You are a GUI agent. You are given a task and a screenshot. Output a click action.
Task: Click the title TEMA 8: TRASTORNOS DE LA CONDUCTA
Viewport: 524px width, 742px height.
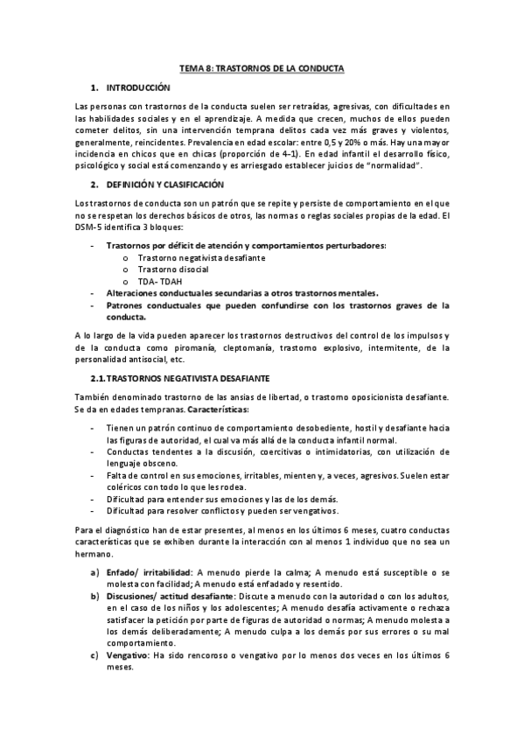262,67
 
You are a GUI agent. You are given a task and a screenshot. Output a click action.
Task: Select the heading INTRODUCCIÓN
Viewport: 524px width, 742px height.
136,89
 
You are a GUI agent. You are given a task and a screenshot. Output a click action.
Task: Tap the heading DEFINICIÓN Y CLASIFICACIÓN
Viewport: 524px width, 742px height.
165,185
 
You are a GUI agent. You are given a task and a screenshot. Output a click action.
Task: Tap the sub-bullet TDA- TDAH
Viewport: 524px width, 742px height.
159,282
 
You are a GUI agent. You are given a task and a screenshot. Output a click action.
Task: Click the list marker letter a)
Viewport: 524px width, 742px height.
95,571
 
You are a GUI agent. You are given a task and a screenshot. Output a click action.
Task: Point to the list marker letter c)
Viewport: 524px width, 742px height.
95,656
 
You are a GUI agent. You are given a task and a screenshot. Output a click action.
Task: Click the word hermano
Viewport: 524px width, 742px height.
95,554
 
